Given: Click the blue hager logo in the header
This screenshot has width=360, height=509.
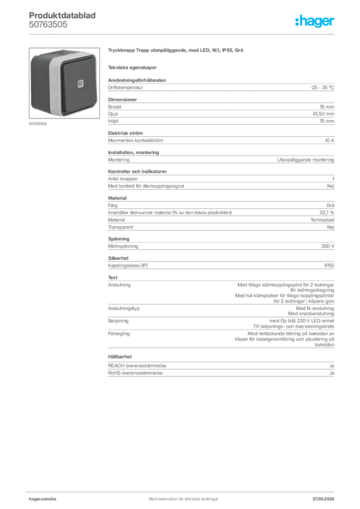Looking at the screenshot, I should (315, 22).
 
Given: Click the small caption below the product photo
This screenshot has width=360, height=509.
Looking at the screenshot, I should (38, 124).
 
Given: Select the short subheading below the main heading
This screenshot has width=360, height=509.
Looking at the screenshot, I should (133, 67).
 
